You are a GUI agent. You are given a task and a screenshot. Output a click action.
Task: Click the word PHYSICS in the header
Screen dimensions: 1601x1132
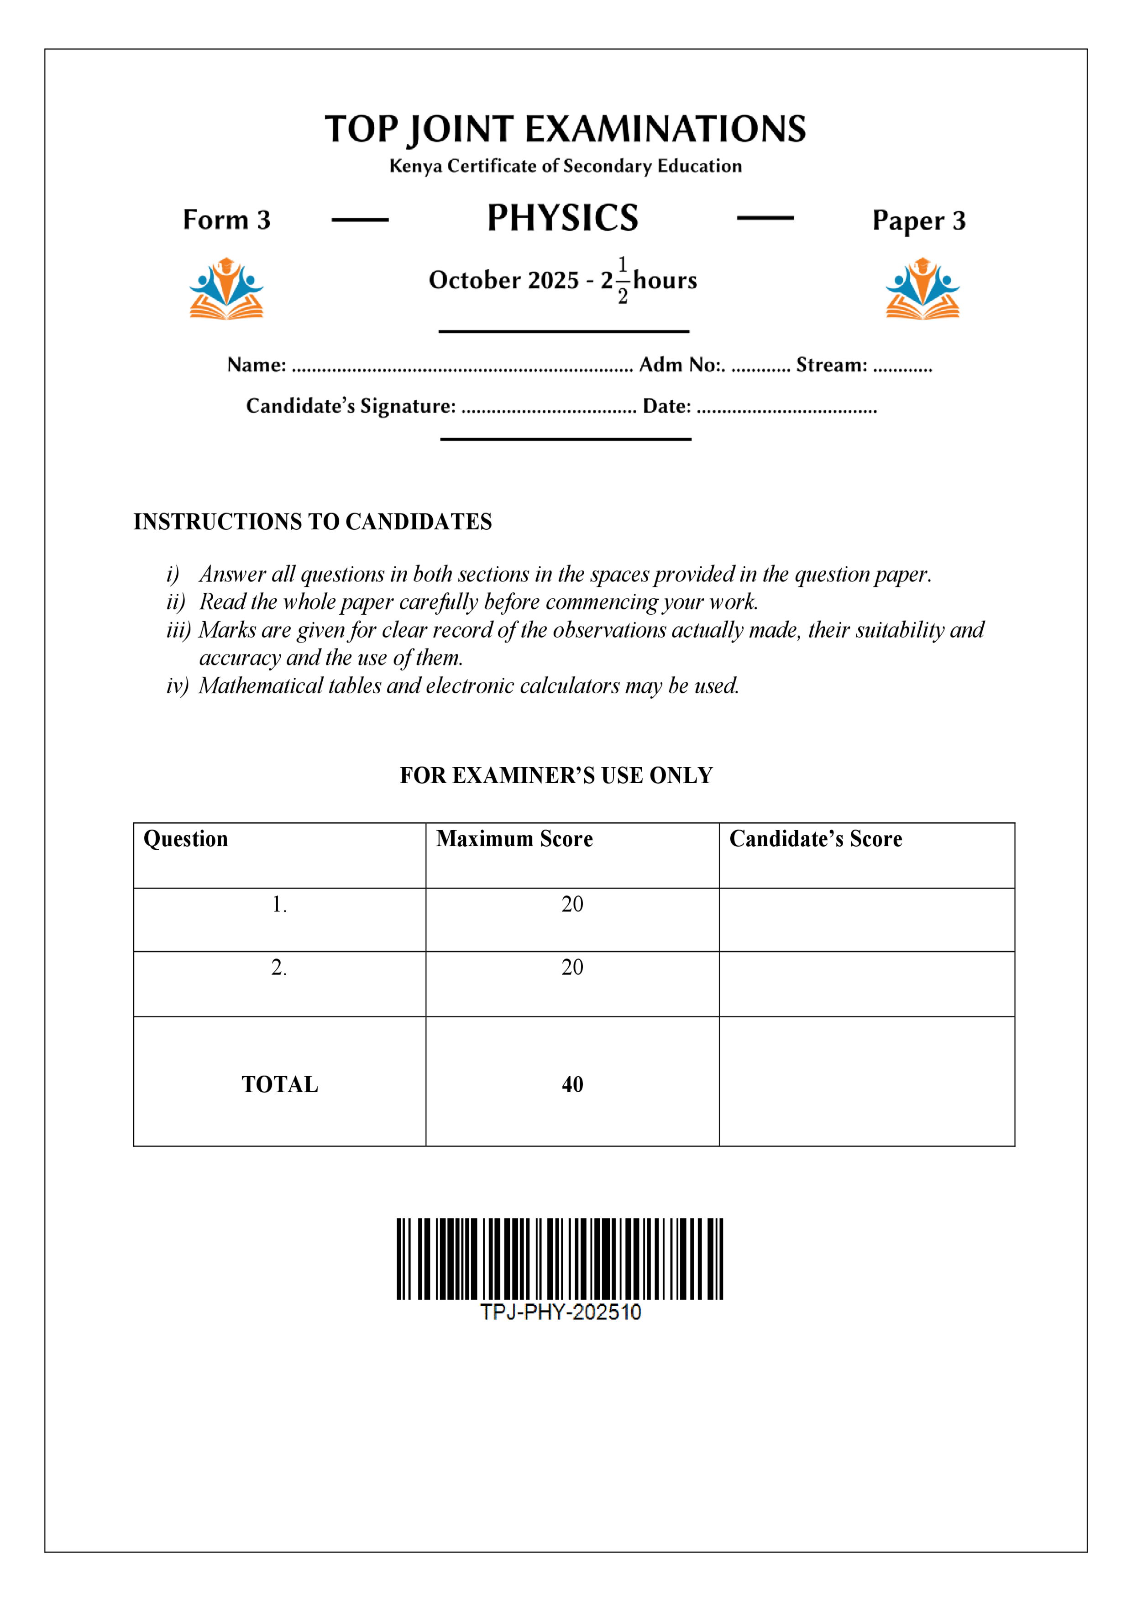(562, 218)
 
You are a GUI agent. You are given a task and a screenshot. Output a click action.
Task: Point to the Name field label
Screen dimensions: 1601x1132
(256, 365)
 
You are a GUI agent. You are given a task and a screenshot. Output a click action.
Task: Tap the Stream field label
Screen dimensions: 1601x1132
(831, 365)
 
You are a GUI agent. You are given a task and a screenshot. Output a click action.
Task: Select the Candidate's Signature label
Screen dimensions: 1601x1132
(351, 406)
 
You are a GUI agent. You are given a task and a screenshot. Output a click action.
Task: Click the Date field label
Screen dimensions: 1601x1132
(666, 406)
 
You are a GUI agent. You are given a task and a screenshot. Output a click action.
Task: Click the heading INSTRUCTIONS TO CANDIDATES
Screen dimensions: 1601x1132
(313, 522)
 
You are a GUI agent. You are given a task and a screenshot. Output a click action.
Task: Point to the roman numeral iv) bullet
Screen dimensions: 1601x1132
(177, 686)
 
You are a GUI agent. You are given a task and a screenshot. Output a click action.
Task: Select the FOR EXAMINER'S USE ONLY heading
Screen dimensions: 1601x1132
(556, 775)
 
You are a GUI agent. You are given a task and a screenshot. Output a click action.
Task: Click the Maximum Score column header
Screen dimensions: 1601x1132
(514, 839)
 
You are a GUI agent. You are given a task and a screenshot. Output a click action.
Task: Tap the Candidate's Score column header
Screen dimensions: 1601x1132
(815, 839)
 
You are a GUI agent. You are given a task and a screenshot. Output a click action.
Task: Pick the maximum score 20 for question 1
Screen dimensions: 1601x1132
(572, 905)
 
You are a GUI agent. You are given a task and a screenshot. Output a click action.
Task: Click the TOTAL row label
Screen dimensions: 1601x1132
(280, 1084)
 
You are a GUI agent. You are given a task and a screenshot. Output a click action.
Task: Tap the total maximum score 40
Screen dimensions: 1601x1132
(572, 1084)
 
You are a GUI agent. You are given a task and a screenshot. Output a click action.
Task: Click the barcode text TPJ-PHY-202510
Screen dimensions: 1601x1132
(560, 1312)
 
